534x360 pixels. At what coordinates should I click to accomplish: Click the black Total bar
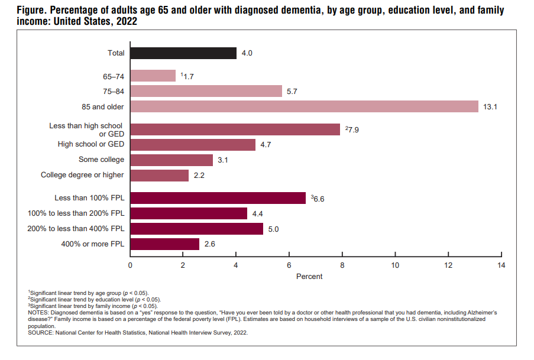tap(183, 53)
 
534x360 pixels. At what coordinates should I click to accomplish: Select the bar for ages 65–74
tap(153, 76)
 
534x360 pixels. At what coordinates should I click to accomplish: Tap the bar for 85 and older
tap(304, 106)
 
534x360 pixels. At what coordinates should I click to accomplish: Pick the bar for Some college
tap(171, 160)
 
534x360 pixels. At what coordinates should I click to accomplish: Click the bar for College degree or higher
tap(159, 175)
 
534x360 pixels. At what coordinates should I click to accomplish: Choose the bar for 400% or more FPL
tap(165, 244)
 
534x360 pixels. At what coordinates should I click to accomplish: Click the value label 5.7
tap(292, 92)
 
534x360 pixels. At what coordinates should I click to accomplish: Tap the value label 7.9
tap(353, 130)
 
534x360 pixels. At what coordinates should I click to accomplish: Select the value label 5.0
tap(273, 229)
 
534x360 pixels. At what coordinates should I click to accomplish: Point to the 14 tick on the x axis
tap(501, 265)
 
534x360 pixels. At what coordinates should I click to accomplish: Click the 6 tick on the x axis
tap(289, 265)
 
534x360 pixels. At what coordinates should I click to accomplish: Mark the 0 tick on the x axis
tap(130, 265)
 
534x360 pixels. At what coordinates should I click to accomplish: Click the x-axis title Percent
tap(309, 277)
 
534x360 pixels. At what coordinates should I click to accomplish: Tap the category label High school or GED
tap(91, 144)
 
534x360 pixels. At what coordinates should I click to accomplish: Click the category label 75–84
tap(114, 91)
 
